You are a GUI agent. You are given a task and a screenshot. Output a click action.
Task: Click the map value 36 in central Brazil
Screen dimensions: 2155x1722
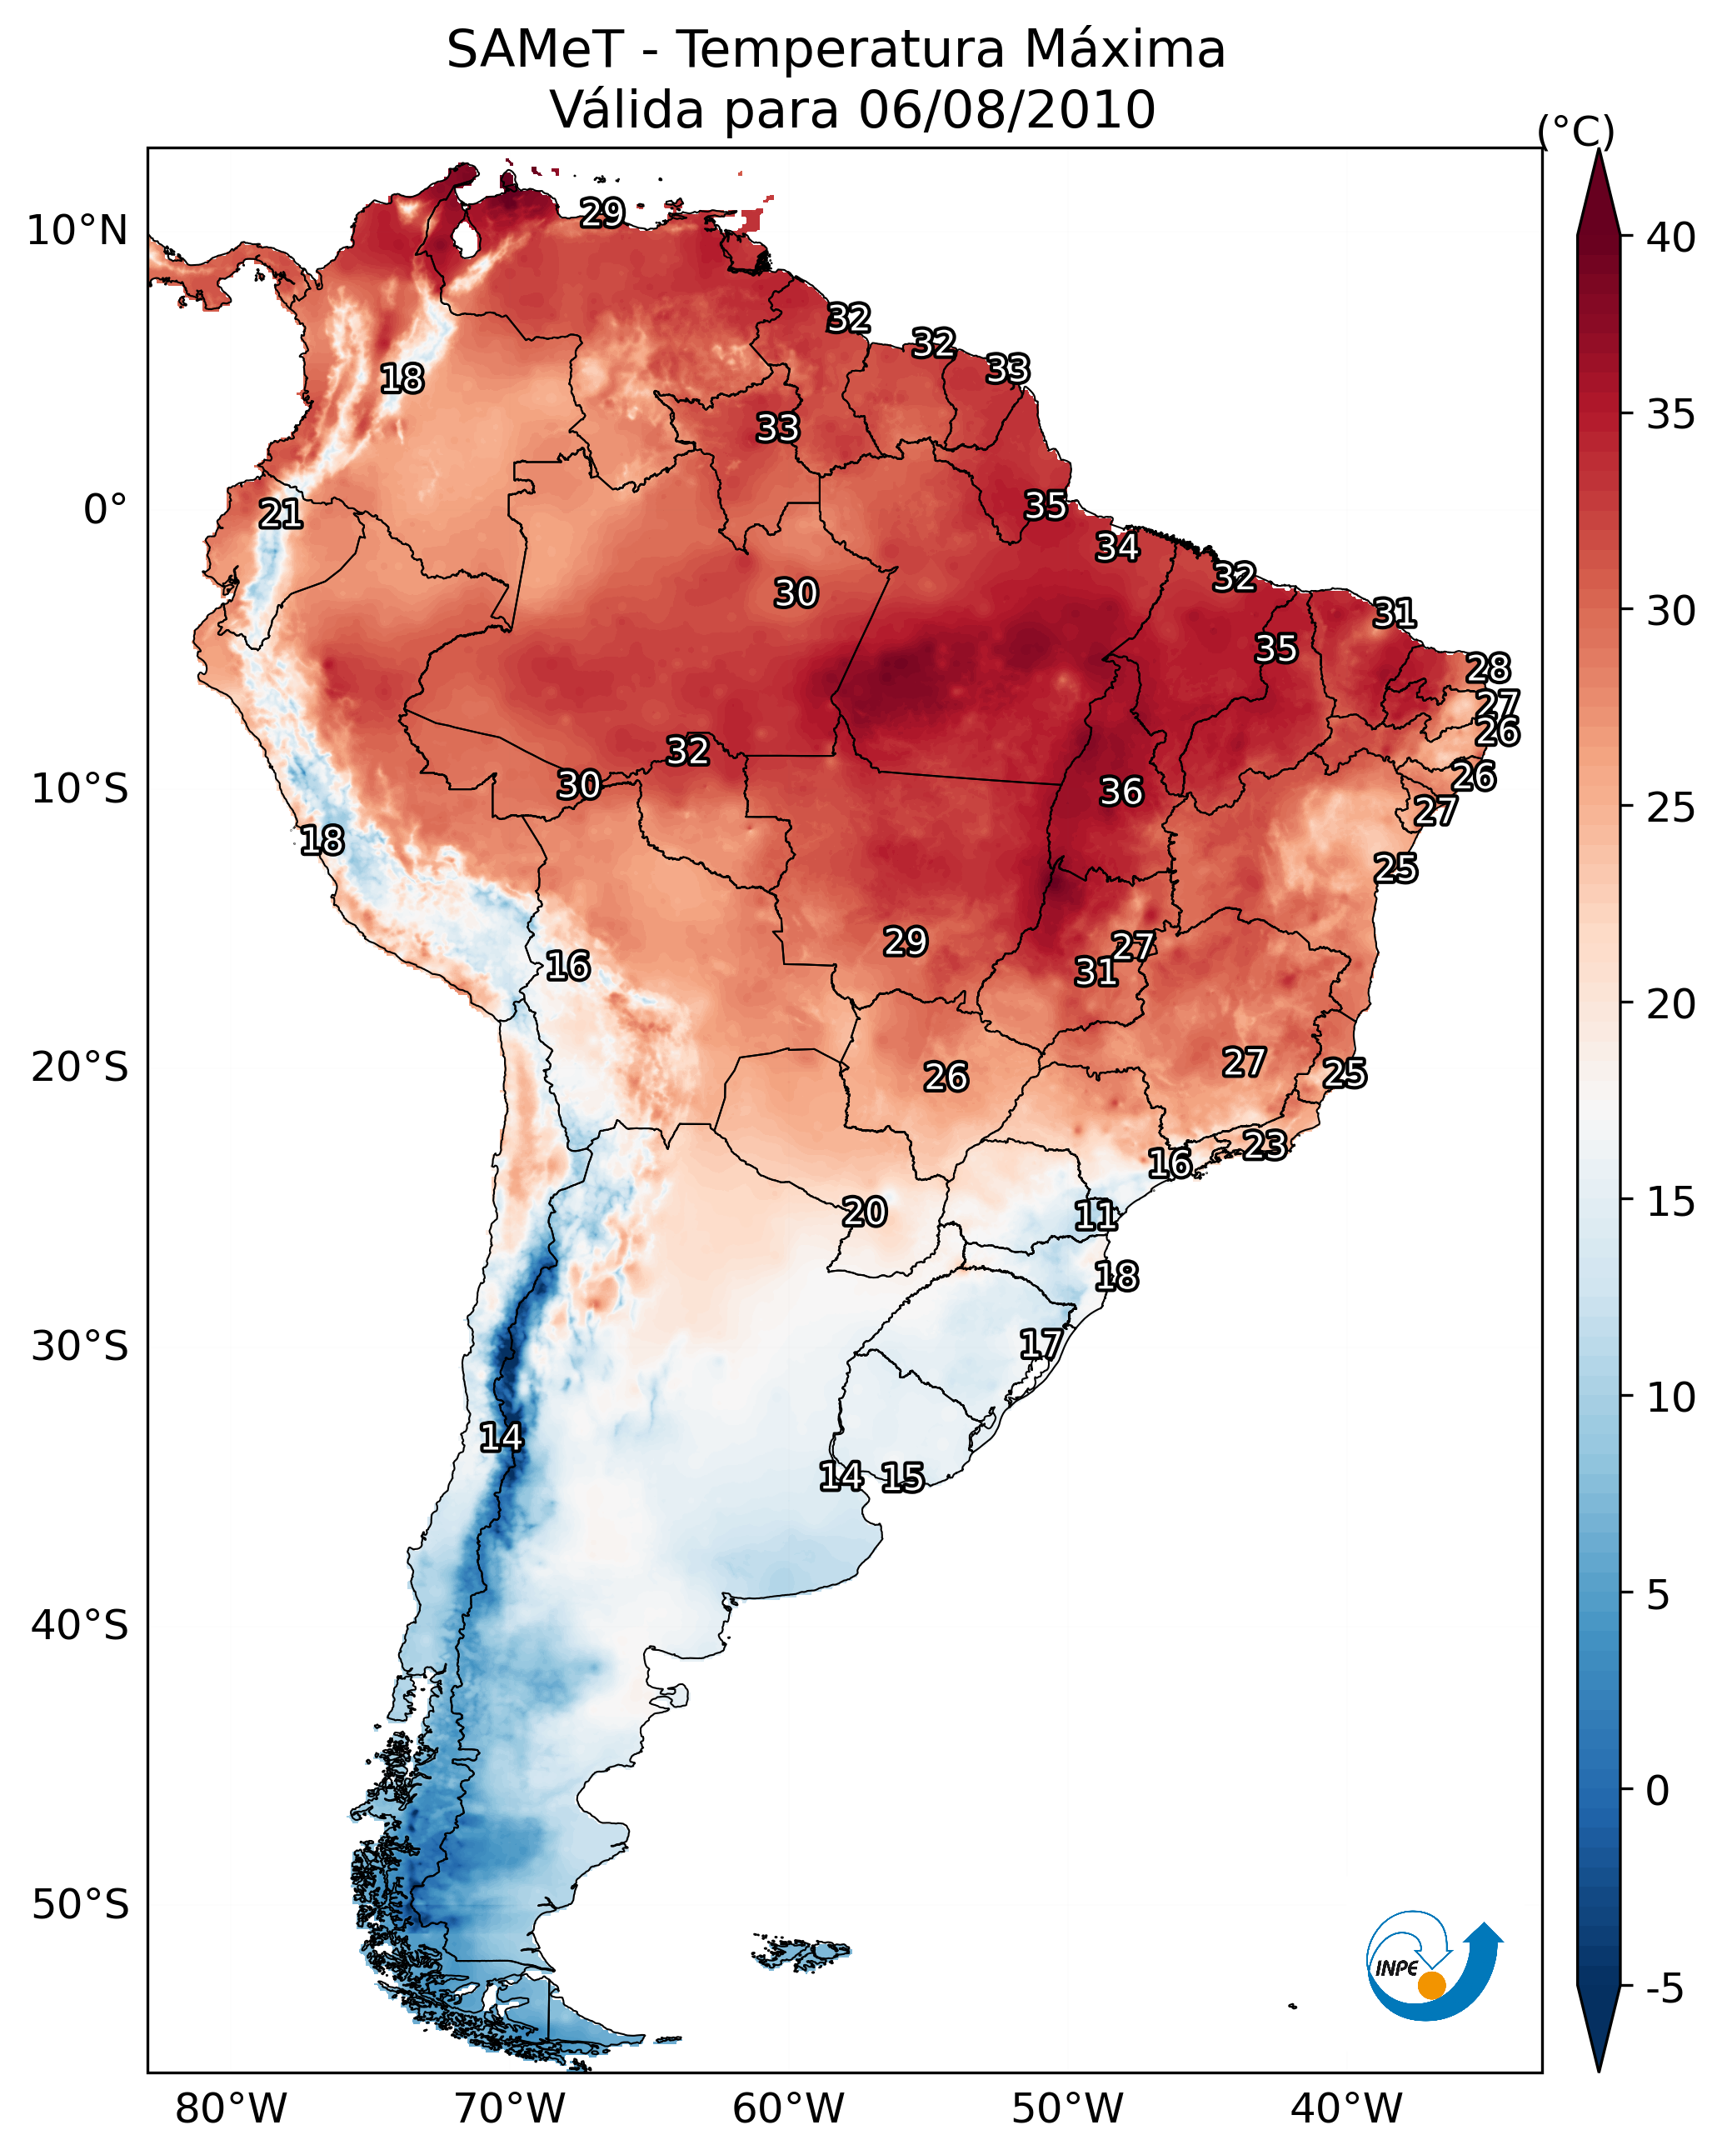coord(1121,792)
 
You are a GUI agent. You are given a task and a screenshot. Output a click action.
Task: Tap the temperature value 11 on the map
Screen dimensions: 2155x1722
coord(1096,1216)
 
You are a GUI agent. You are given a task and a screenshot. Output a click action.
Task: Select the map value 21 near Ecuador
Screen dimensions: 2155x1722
coord(280,515)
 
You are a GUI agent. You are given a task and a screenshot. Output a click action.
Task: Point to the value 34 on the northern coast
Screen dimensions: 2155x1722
coord(1116,547)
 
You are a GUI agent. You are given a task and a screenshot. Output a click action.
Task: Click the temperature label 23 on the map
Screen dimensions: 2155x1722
coord(1265,1144)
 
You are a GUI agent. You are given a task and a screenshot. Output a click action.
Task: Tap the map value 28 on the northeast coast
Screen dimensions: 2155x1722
coord(1488,667)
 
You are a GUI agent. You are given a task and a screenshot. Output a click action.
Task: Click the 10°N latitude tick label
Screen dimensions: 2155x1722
coord(77,231)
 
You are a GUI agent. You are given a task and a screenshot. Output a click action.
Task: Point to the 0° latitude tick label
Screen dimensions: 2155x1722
coord(105,510)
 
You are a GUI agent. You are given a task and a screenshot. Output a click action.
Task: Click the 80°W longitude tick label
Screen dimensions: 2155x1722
coord(231,2108)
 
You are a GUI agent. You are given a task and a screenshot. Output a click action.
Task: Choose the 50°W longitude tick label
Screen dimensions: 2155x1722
coord(1067,2108)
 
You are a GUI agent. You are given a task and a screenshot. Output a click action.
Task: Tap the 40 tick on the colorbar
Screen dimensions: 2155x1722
coord(1670,237)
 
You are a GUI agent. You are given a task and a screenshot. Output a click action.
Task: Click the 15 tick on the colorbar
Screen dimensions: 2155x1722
coord(1670,1202)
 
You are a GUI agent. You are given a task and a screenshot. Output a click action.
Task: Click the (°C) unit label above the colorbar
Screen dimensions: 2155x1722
coord(1575,131)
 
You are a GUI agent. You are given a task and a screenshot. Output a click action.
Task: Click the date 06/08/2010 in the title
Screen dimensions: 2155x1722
coord(1006,110)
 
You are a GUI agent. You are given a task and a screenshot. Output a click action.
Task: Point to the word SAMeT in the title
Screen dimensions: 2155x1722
coord(535,50)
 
